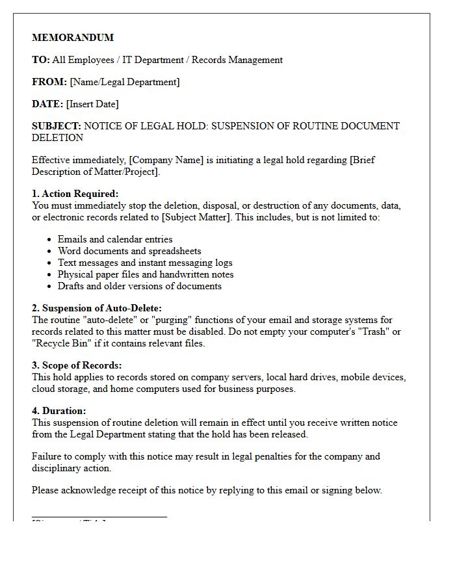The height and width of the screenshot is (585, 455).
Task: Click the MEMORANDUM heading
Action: pos(73,38)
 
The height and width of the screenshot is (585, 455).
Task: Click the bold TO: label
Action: pos(40,60)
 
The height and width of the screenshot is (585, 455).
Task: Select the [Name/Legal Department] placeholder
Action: pos(125,82)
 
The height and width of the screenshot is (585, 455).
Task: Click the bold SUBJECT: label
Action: pos(57,126)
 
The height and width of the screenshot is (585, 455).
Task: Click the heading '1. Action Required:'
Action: pos(75,194)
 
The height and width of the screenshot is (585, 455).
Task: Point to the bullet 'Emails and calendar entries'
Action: pos(115,239)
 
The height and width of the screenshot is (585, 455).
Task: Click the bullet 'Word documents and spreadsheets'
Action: pos(129,251)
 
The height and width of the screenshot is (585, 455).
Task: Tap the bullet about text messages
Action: pos(145,263)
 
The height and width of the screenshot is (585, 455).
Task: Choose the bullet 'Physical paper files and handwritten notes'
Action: pos(146,274)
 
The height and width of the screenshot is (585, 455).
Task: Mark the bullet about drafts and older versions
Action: pos(140,286)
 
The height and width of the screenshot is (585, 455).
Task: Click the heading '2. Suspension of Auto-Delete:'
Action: pos(97,308)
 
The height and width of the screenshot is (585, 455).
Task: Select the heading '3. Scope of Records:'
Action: pos(77,365)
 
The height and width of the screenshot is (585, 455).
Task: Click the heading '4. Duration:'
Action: pos(59,411)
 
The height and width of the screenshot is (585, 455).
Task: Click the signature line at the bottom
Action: pos(99,517)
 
